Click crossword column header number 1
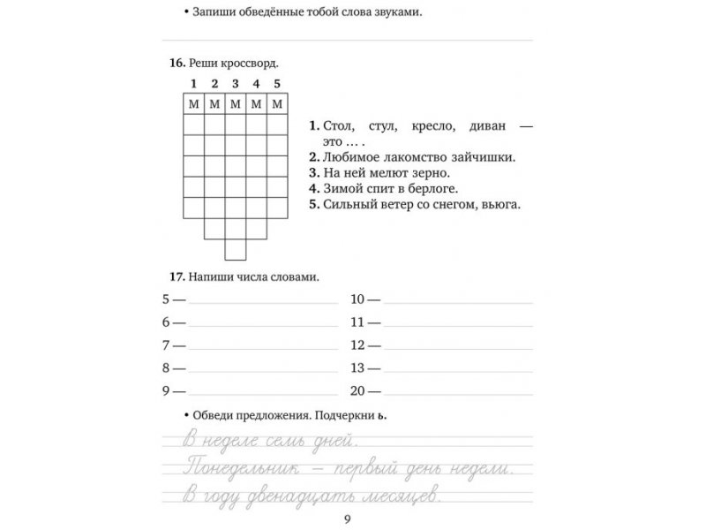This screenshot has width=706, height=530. pyautogui.click(x=192, y=85)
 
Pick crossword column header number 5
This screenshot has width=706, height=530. pyautogui.click(x=277, y=85)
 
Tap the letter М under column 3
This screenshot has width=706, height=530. pyautogui.click(x=235, y=105)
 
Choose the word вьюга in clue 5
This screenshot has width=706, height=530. pyautogui.click(x=501, y=205)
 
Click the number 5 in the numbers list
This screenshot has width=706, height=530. pyautogui.click(x=166, y=299)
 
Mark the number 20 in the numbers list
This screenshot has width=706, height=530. pyautogui.click(x=357, y=391)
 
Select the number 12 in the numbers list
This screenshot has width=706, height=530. pyautogui.click(x=357, y=345)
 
